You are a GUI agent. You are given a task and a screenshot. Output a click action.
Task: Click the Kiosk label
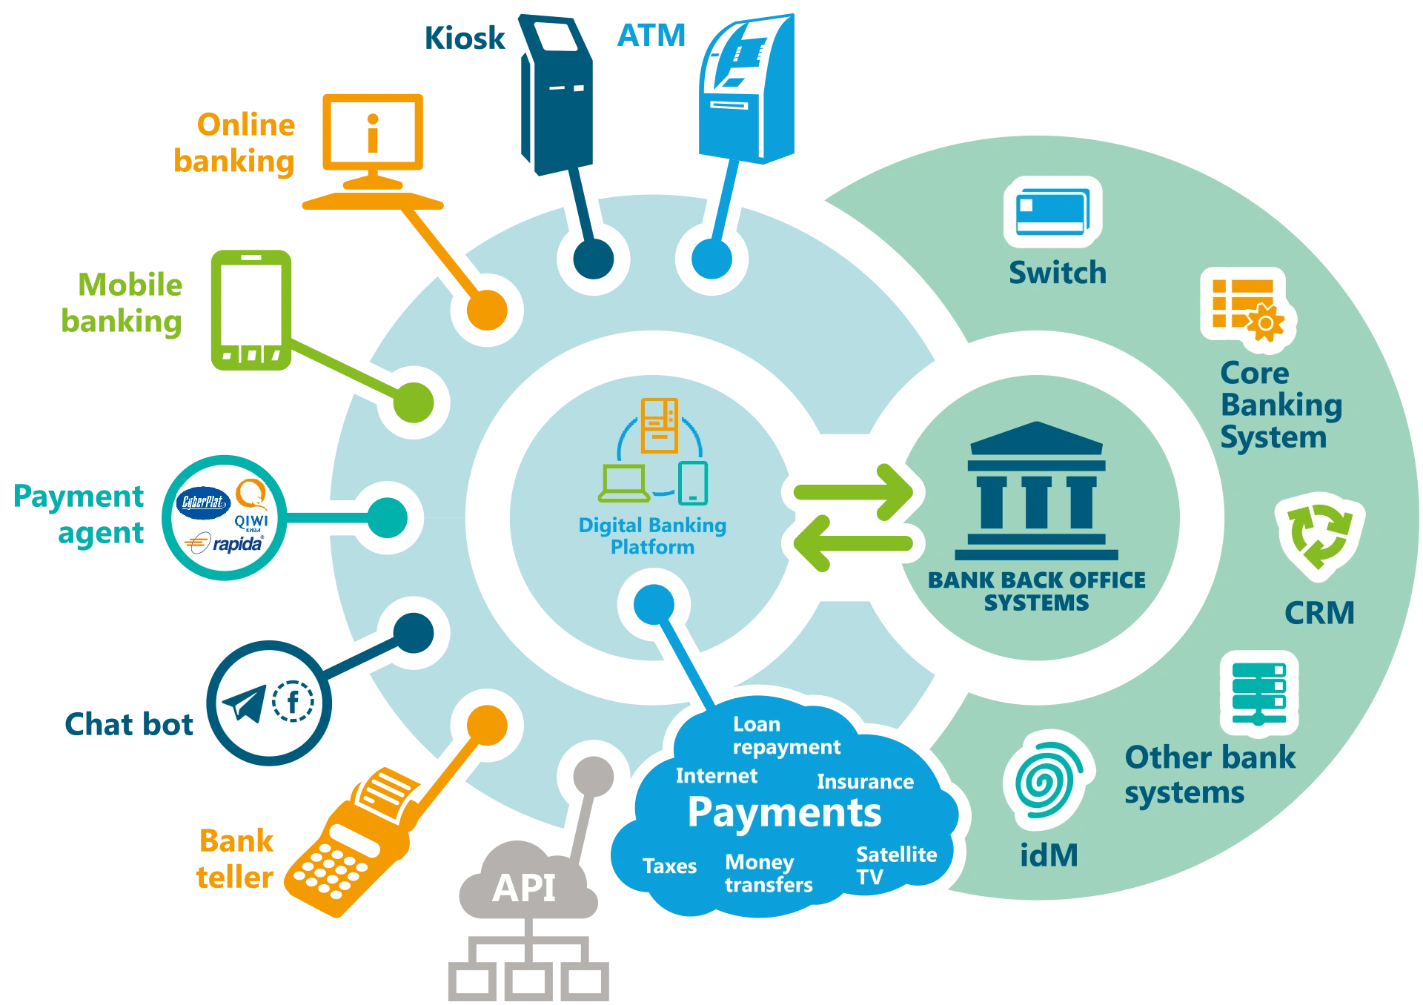click(x=465, y=38)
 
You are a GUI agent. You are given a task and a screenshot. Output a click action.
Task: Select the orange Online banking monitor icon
click(x=373, y=151)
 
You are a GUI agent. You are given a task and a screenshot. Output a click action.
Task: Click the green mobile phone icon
click(x=251, y=310)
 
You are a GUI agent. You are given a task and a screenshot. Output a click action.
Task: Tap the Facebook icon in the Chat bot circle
click(x=293, y=701)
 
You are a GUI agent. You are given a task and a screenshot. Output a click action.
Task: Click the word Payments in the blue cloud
click(x=784, y=813)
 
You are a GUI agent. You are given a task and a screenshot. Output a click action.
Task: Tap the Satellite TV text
click(x=896, y=866)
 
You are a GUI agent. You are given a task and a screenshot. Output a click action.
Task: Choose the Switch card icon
click(x=1052, y=212)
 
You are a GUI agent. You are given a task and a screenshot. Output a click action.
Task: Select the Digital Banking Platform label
click(x=652, y=536)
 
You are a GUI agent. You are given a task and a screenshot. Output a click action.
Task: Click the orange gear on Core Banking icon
click(x=1267, y=323)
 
